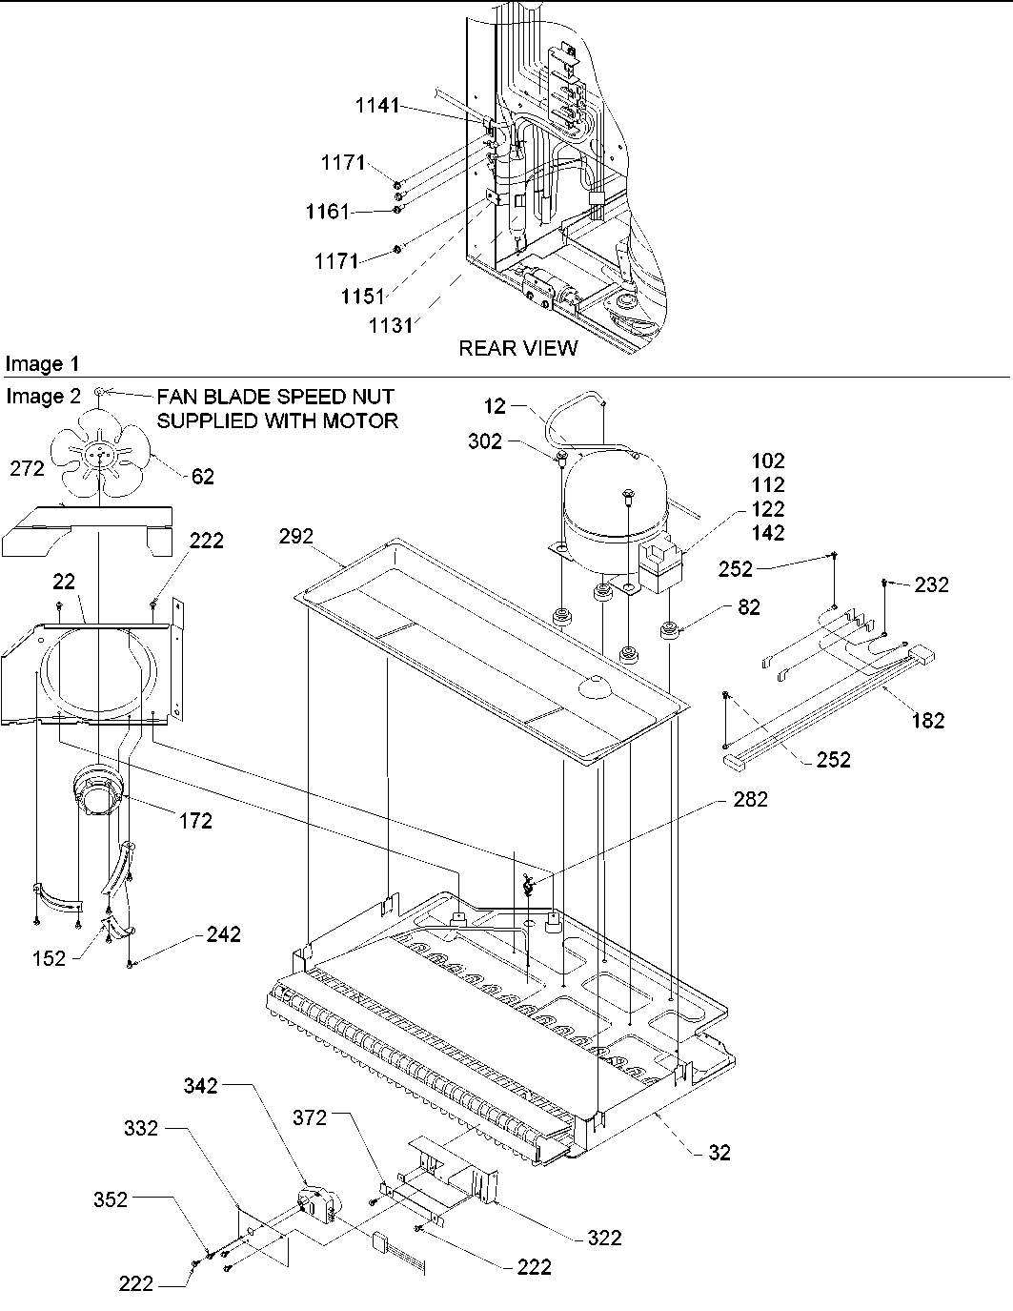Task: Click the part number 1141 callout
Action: (x=378, y=108)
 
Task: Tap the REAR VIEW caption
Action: (x=517, y=349)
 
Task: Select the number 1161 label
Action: (x=328, y=212)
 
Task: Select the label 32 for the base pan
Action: (x=719, y=1153)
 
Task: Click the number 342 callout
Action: (x=201, y=1085)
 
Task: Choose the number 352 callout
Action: (x=111, y=1199)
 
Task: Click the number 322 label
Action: (x=604, y=1238)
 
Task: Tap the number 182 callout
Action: (x=927, y=721)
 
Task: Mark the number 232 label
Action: (x=931, y=585)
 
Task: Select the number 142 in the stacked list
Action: (x=767, y=533)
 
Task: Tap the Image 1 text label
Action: (x=42, y=364)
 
